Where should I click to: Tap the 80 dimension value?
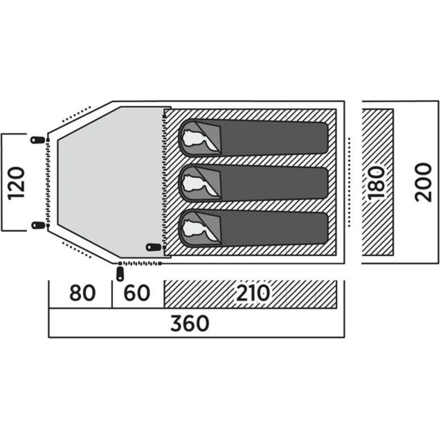click(82, 293)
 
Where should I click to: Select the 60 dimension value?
click(138, 293)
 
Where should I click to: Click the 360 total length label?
click(188, 323)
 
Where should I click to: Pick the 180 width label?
click(377, 183)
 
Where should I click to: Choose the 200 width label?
click(423, 183)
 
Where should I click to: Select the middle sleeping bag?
click(270, 183)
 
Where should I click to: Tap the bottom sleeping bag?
click(270, 228)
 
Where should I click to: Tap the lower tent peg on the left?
click(37, 226)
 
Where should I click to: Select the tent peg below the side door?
click(121, 273)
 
